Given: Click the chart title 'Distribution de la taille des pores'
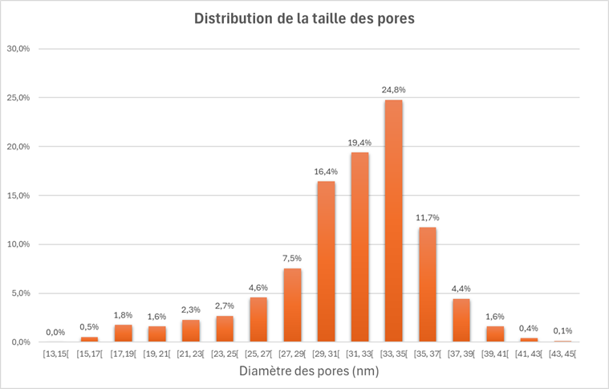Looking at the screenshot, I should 304,18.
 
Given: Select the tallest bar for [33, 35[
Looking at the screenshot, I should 393,221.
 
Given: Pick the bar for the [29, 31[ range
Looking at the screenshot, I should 326,262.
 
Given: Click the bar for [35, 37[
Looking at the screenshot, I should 428,285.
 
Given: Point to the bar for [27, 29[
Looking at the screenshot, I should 292,305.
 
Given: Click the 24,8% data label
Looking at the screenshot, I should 393,89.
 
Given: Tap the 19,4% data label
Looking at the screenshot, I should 359,142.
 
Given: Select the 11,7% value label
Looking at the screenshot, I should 428,217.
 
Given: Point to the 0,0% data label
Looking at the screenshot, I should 55,332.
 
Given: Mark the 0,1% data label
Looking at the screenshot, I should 563,330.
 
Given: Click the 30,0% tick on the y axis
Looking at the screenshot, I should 18,49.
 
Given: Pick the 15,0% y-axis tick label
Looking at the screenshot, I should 18,195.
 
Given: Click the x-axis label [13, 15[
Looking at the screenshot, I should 55,354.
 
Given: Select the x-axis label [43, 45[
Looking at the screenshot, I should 563,354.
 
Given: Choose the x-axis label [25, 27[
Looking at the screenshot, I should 258,354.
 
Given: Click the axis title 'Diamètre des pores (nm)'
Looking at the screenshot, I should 309,371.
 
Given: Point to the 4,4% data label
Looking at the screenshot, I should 461,289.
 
